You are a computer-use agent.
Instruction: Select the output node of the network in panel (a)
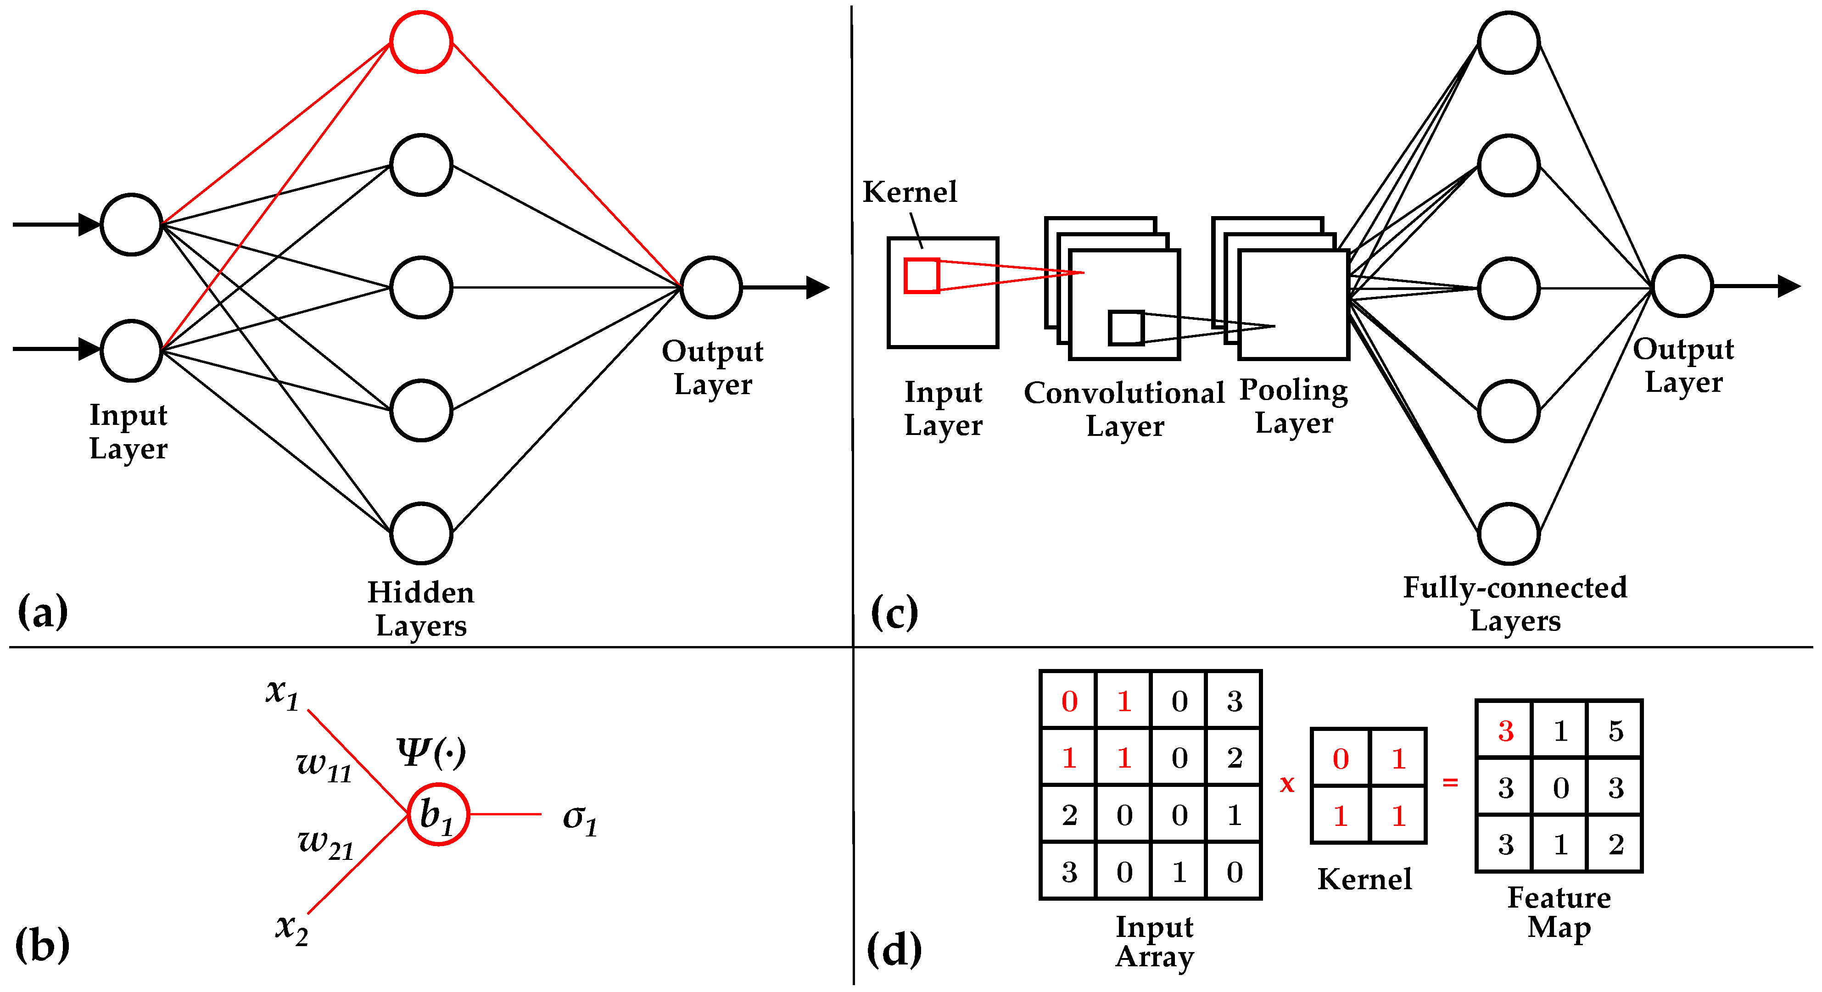pos(711,287)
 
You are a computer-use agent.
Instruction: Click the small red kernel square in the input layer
pos(922,275)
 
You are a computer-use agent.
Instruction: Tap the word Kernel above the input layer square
pos(910,192)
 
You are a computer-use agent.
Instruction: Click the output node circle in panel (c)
pos(1682,286)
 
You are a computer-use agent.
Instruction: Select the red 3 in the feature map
pos(1506,730)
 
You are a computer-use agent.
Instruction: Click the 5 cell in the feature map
pos(1615,730)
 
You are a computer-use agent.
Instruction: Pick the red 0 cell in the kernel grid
pos(1340,758)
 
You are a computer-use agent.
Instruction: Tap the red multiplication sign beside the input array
pos(1287,783)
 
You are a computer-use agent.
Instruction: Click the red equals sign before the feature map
pos(1450,782)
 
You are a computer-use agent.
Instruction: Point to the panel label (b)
pos(42,945)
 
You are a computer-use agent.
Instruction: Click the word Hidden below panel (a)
pos(421,592)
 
